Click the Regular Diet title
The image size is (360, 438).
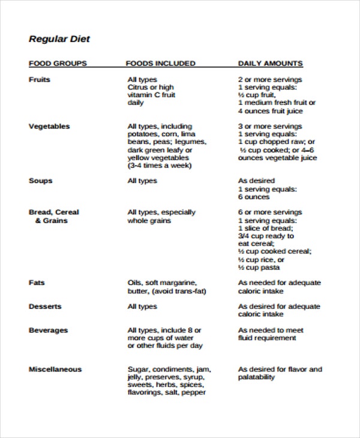click(x=59, y=40)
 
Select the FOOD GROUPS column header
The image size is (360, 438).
click(x=58, y=63)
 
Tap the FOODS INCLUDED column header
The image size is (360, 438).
click(x=160, y=63)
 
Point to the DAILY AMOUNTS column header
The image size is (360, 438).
click(x=270, y=63)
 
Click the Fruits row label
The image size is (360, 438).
click(x=40, y=79)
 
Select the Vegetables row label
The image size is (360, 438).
click(x=49, y=126)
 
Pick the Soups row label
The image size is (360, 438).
click(x=41, y=181)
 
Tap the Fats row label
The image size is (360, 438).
click(x=37, y=283)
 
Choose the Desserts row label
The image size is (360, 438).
click(x=45, y=307)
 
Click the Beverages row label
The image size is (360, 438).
click(x=49, y=330)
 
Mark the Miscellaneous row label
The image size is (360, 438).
click(x=55, y=369)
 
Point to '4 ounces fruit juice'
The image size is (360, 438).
click(x=270, y=110)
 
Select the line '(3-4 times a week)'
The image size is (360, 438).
click(x=160, y=165)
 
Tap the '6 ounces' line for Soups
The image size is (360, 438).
click(x=254, y=197)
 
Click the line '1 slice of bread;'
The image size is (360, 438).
click(x=266, y=228)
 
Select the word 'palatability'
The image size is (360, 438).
click(x=256, y=377)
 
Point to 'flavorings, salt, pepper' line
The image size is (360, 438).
click(x=166, y=392)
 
